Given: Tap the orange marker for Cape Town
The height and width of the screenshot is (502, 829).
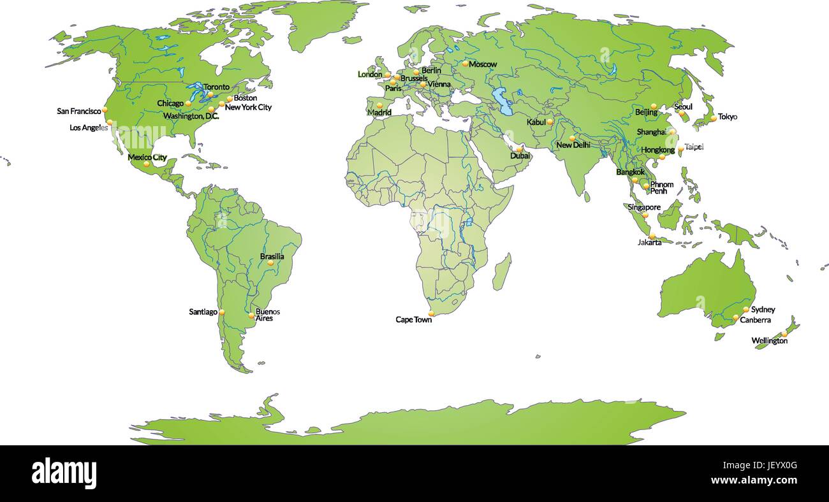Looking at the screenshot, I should point(432,313).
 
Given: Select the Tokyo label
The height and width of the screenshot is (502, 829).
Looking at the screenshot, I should point(728,117).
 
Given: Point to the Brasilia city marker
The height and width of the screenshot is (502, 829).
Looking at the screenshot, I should point(270,262).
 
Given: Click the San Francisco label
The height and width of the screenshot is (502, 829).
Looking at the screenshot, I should point(79,111).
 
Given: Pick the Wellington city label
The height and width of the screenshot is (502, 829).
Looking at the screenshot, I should point(769,341).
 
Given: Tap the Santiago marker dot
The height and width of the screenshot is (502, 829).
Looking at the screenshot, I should point(222,312).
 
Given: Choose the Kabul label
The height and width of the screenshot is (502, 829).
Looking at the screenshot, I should point(536,122).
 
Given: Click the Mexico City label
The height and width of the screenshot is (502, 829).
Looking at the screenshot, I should point(147,157).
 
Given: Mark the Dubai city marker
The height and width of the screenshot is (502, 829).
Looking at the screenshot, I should point(520,149).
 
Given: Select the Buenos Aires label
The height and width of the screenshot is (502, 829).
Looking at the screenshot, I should point(267,315).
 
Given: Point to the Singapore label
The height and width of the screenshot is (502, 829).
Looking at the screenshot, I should point(643,207).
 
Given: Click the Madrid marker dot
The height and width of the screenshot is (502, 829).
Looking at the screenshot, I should point(379,105).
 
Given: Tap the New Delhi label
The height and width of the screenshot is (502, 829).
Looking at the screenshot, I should point(573,145).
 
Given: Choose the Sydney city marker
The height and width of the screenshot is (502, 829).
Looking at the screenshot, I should point(745,309).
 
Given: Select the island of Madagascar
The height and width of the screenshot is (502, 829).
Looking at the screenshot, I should point(502,271).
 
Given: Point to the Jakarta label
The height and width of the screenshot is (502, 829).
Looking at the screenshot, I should point(649,242).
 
